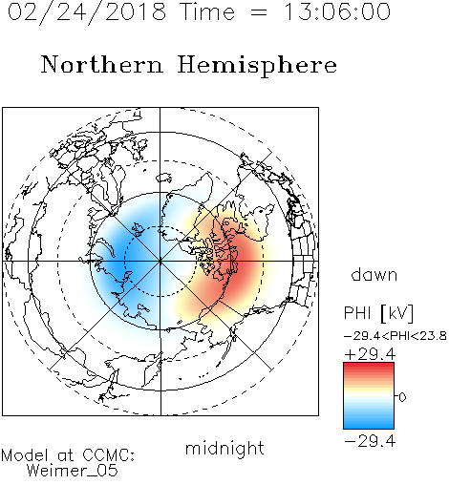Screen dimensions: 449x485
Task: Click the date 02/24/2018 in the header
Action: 87,12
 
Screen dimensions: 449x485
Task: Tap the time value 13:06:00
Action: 336,12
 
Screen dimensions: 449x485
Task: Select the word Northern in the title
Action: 102,64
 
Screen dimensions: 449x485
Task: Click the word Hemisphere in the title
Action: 257,66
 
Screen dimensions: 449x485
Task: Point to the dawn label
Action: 374,274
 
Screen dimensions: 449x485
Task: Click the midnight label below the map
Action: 224,448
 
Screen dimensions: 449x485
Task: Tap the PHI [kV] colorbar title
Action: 378,313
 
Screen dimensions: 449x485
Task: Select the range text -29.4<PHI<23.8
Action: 396,336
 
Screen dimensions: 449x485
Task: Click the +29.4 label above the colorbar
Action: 370,354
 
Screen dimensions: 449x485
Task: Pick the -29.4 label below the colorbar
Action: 370,441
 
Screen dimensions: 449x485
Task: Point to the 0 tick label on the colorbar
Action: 402,397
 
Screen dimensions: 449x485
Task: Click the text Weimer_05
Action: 73,470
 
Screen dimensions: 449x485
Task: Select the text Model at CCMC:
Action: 68,455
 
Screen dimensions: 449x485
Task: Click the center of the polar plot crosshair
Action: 160,262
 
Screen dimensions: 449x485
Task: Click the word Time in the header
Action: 207,12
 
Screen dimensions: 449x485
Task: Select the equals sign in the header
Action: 259,13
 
